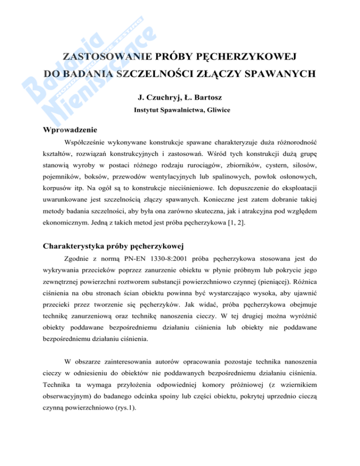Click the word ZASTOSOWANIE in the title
(105, 58)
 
